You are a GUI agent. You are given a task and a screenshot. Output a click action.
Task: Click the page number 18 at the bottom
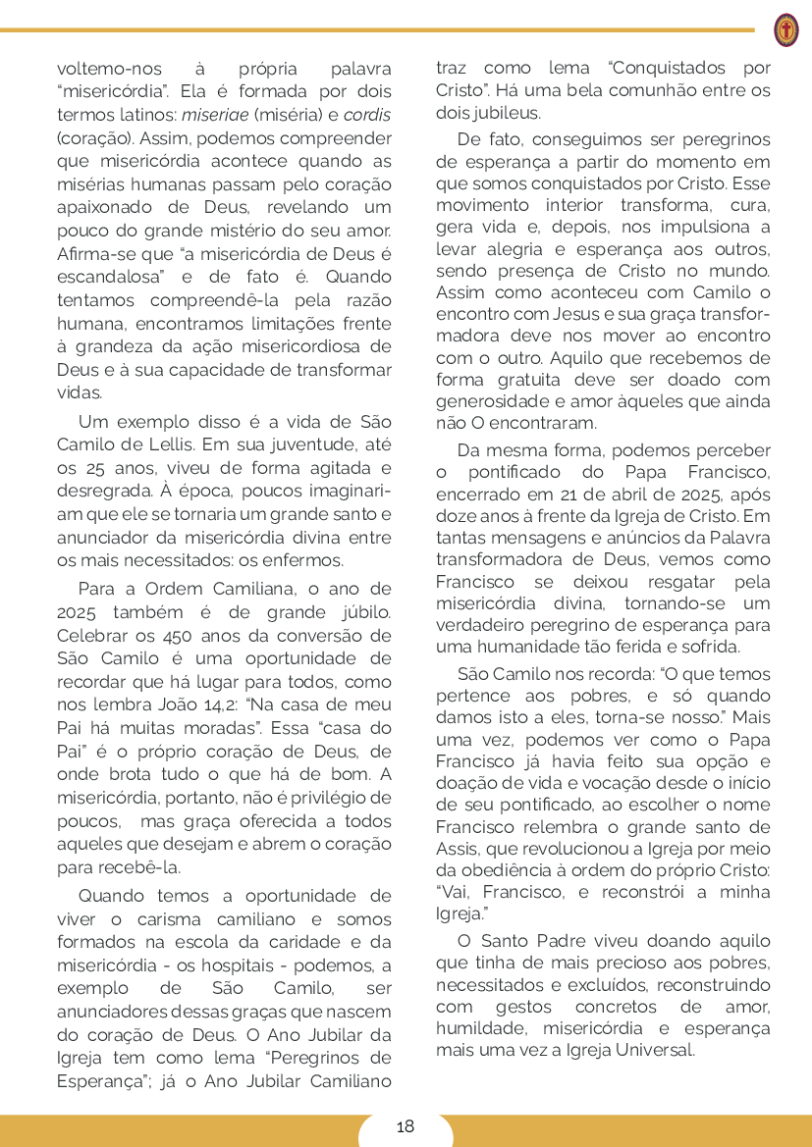[x=406, y=1126]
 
